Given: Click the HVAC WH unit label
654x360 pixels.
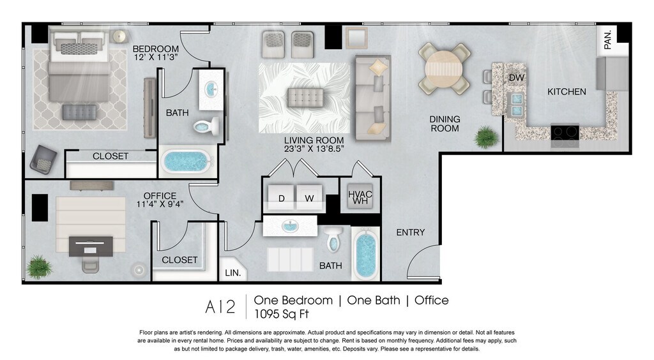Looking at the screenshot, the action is [x=360, y=197].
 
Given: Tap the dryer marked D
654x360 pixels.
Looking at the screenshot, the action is [x=282, y=197].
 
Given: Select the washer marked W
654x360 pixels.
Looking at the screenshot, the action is [x=309, y=197].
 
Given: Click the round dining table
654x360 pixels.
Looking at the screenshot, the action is [x=445, y=68].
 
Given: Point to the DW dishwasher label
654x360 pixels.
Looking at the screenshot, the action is [x=516, y=77].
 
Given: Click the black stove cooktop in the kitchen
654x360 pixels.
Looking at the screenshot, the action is [x=565, y=133].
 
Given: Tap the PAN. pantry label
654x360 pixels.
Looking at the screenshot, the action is [x=608, y=40].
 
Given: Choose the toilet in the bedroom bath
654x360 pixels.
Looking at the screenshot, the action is [x=207, y=126].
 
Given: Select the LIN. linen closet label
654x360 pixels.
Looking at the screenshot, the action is [x=232, y=273].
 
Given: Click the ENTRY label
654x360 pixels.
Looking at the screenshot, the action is [x=411, y=232].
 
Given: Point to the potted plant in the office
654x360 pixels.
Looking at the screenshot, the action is [x=40, y=267].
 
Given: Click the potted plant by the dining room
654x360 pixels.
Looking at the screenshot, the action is [x=487, y=137].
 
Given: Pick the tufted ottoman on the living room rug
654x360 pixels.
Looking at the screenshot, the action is [x=305, y=98].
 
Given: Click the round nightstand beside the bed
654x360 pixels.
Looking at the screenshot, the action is [x=119, y=36].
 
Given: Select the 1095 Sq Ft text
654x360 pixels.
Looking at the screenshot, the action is [x=282, y=314].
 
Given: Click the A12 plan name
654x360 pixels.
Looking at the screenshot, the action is [x=220, y=307].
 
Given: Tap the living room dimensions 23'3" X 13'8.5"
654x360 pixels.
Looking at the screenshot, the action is [x=314, y=149].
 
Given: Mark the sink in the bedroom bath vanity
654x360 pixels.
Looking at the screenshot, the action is [x=211, y=89].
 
